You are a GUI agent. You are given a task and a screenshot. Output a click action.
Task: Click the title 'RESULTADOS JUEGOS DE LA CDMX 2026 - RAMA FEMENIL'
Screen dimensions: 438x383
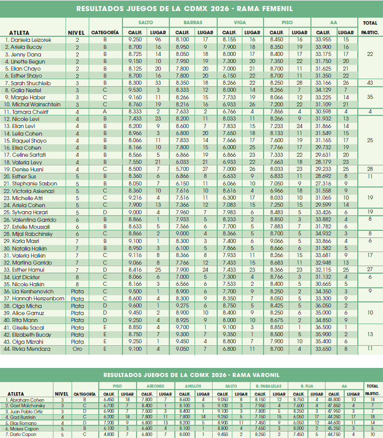click(x=184, y=9)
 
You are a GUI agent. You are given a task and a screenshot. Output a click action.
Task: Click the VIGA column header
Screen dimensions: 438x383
click(x=240, y=23)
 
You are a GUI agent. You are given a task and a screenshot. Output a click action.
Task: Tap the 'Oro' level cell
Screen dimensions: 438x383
click(x=77, y=349)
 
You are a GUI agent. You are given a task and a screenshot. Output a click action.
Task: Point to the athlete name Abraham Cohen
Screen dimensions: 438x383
click(x=24, y=400)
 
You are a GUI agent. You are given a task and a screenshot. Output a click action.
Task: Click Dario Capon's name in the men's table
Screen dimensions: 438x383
click(x=21, y=433)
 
